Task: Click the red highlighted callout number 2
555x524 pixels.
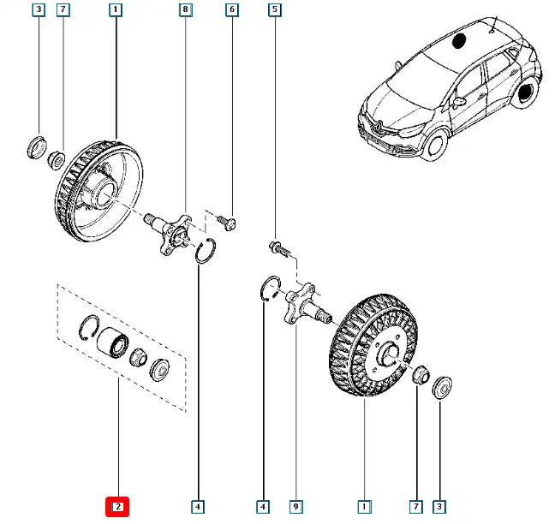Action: (x=116, y=507)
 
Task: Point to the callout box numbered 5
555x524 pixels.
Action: (x=274, y=11)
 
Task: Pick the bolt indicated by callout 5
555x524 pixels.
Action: (x=278, y=249)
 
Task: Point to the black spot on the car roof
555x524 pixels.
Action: (x=457, y=39)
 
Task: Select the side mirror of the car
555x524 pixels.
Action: (x=459, y=101)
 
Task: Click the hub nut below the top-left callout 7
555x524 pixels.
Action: (x=56, y=158)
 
